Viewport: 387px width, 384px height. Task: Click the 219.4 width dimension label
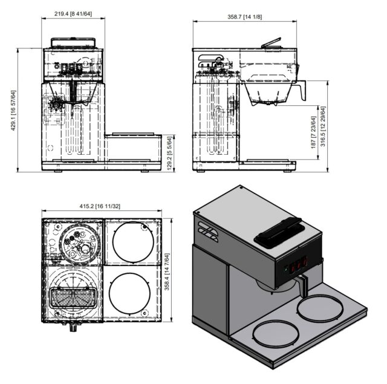(73, 13)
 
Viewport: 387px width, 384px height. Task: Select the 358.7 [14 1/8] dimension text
(244, 17)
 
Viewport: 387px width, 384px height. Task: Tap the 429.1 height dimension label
(14, 110)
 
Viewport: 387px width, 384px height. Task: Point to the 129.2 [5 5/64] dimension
(169, 154)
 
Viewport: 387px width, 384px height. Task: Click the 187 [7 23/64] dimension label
(313, 132)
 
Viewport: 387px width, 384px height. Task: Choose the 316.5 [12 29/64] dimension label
(323, 126)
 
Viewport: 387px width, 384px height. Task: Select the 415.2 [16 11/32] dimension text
(100, 206)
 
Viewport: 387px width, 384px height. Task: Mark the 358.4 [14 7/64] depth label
(167, 272)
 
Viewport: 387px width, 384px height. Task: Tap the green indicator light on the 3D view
(286, 268)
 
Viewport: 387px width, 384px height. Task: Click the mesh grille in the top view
(73, 298)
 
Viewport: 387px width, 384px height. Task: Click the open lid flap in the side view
(271, 42)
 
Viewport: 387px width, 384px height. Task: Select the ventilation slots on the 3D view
(208, 232)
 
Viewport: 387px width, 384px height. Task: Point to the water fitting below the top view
(73, 327)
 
